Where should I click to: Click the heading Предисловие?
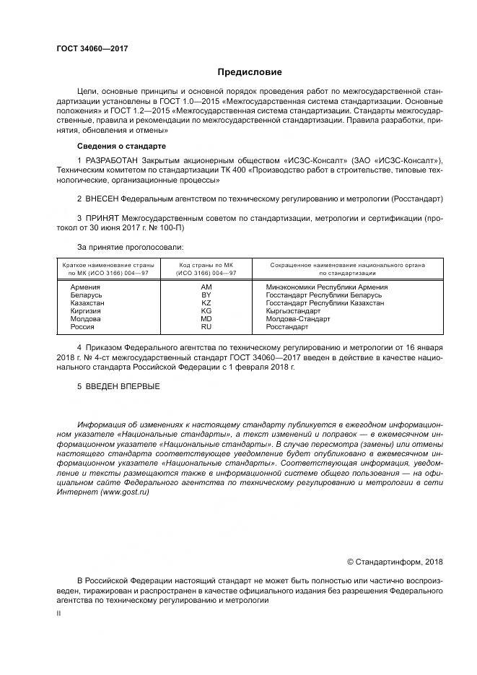(x=250, y=72)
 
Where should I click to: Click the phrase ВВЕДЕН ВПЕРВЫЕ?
(x=121, y=386)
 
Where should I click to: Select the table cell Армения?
(x=86, y=287)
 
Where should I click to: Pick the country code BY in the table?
(x=206, y=295)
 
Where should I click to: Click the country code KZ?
(x=206, y=303)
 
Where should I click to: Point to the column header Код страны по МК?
(x=206, y=266)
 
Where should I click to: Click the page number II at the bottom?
(x=59, y=612)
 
